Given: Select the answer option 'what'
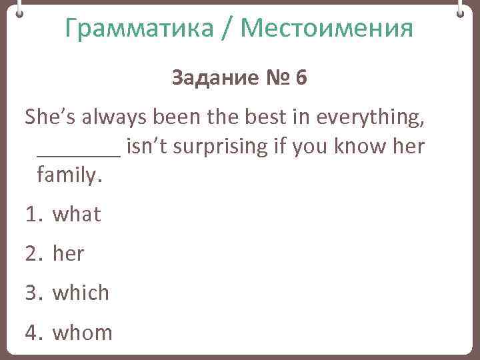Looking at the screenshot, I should (x=77, y=215).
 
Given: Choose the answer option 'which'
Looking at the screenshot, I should (x=81, y=293).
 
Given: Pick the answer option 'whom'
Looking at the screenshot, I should (x=83, y=332).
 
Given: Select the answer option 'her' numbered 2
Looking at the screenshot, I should (x=69, y=253).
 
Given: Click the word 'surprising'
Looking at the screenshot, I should (x=213, y=146).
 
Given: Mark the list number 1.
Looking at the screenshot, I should (x=33, y=215).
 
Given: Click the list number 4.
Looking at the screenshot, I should (x=33, y=332).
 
